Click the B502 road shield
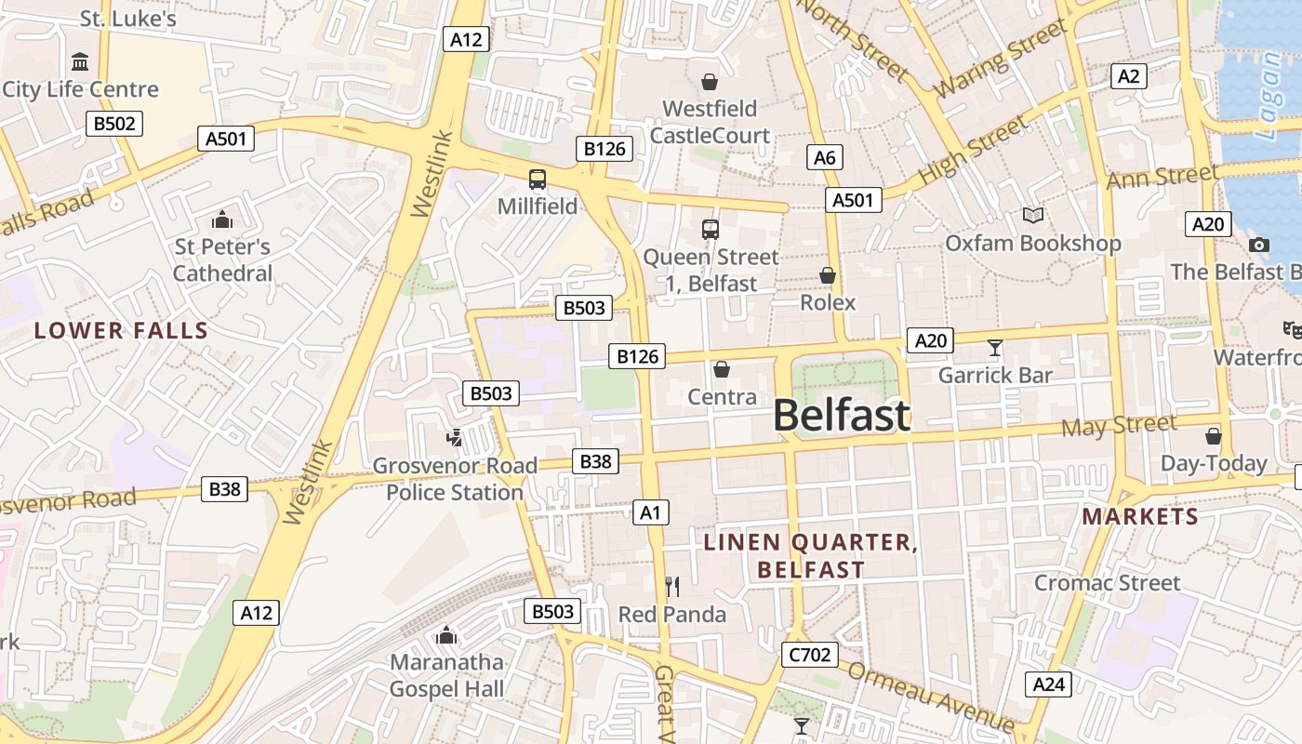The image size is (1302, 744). point(115,124)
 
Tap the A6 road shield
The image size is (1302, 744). point(825,157)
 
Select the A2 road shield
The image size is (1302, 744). point(1128,76)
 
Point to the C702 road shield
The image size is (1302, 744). point(809,655)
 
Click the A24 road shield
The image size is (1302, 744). point(1048,684)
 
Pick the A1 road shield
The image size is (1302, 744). point(650,511)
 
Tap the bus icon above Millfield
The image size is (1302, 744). point(538,179)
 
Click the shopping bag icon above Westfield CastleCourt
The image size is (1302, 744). point(710,82)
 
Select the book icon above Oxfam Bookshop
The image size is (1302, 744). point(1032,216)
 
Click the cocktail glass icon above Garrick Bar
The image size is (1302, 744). point(995,348)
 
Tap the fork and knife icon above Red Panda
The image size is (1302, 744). point(672,586)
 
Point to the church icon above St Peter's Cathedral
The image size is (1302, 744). point(221,219)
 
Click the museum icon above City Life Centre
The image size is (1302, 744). point(80,62)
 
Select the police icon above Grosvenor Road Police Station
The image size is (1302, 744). point(455,437)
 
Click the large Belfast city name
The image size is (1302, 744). point(841,415)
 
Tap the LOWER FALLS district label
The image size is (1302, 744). point(121,330)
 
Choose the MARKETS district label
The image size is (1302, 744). point(1140,516)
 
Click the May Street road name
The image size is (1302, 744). point(1119,426)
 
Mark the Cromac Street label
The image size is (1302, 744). point(1107,583)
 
